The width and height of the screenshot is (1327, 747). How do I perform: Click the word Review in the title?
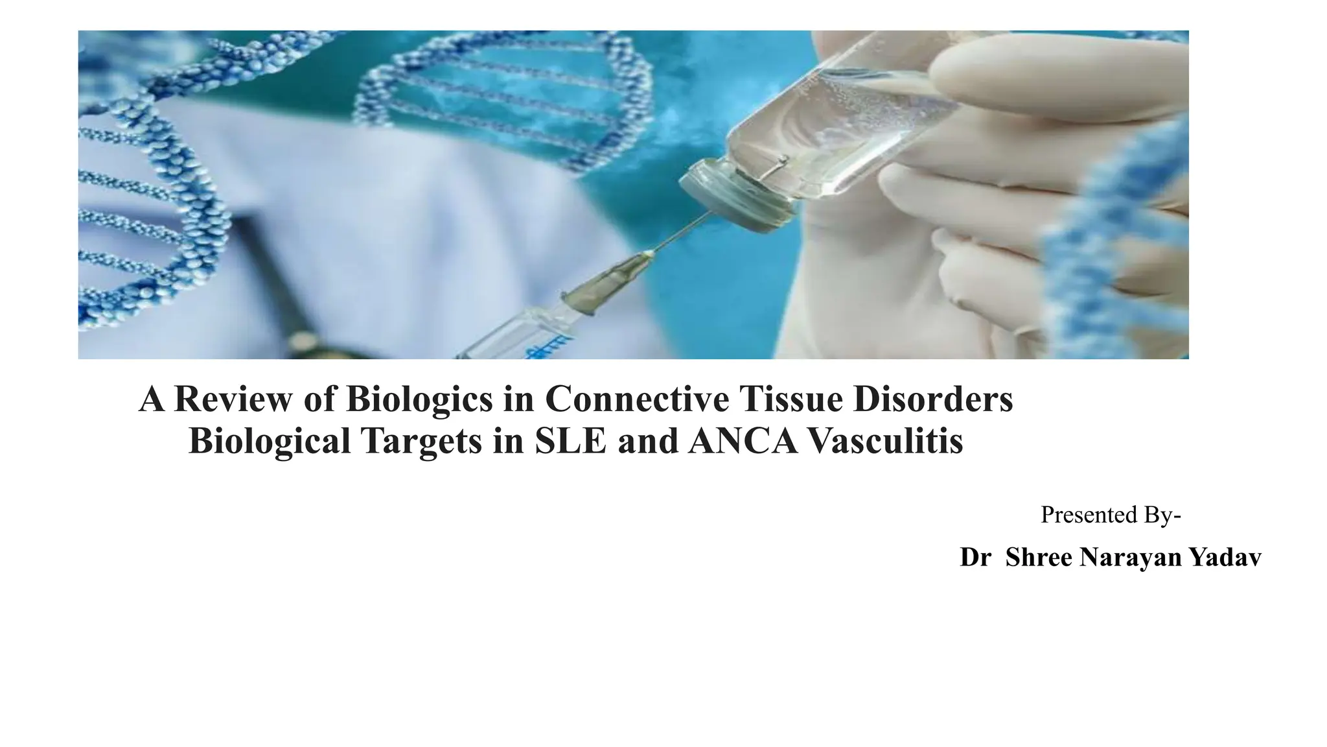click(233, 399)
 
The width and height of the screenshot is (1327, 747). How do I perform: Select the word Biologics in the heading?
click(419, 399)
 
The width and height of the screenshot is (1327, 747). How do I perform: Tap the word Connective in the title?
click(637, 399)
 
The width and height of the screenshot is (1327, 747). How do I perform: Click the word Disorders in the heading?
click(933, 399)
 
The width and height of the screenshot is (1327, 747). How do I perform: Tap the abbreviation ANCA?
click(743, 441)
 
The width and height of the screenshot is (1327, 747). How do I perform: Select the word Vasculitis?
click(886, 441)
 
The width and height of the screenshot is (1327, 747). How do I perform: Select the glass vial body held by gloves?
click(842, 123)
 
